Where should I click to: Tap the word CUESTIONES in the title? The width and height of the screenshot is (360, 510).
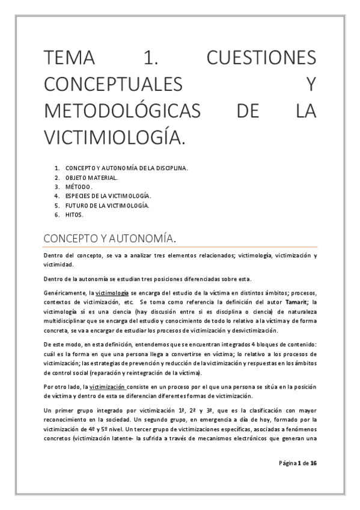click(x=261, y=58)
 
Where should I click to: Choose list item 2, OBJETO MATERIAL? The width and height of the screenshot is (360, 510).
click(x=91, y=177)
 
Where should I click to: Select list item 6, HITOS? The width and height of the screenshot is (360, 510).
click(x=75, y=215)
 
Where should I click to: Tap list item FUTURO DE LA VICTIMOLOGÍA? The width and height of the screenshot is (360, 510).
click(x=107, y=205)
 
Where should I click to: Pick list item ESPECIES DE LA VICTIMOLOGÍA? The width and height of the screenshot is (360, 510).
click(x=108, y=196)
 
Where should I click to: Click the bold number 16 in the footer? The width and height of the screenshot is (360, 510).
click(x=314, y=462)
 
